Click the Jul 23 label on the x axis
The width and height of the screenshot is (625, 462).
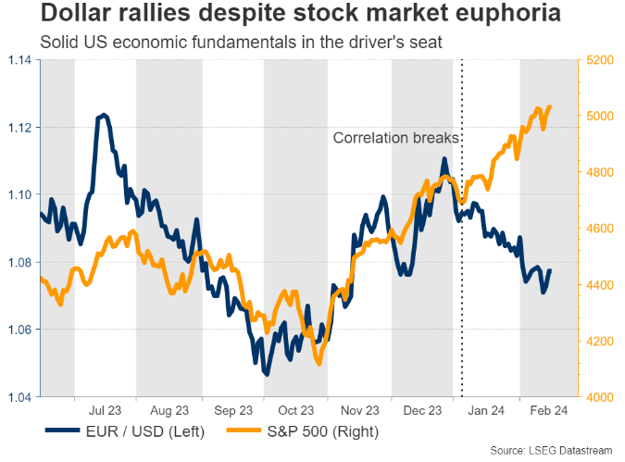[x=105, y=410]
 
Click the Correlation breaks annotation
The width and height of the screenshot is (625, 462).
[x=395, y=139]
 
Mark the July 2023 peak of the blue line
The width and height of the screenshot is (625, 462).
[x=104, y=115]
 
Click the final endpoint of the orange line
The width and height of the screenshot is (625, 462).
[x=550, y=106]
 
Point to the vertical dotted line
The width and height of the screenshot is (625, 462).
[x=462, y=278]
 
